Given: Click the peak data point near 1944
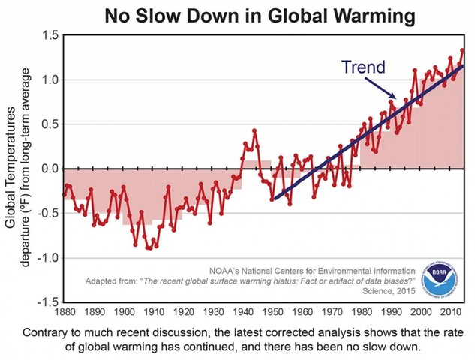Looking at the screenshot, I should tap(255, 130).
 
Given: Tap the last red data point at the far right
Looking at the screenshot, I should tap(463, 50).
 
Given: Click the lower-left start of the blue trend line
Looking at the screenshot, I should tap(273, 199).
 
